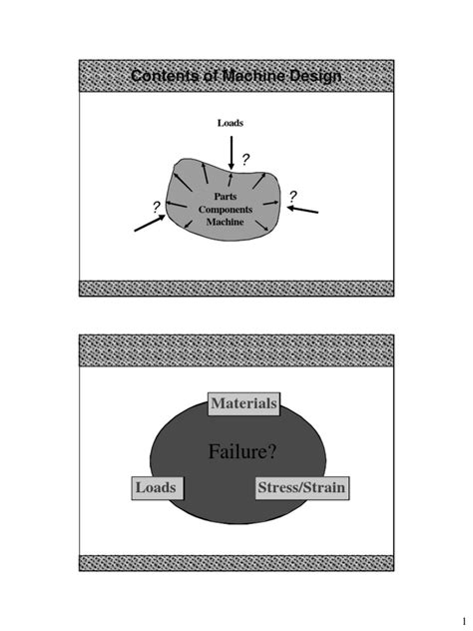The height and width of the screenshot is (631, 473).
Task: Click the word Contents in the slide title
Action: point(165,77)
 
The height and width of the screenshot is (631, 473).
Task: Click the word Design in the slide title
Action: point(310,77)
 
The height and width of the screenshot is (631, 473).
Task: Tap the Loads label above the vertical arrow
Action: point(231,123)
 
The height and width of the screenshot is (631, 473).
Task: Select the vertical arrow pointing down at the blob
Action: point(232,152)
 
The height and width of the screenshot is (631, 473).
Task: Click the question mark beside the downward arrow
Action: point(246,159)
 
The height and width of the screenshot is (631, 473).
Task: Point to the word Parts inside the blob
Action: point(225,197)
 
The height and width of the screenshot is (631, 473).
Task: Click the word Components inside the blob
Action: point(225,209)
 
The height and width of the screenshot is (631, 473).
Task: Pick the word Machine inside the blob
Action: point(225,222)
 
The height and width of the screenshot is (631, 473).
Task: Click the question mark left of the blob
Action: point(157,206)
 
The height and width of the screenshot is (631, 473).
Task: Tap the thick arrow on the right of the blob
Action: point(304,209)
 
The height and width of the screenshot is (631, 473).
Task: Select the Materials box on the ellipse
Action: point(244,403)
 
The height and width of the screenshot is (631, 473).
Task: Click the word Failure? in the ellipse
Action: point(242,452)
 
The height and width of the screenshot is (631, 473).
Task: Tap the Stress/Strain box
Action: point(301,488)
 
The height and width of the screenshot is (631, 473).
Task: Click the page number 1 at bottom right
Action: point(450,610)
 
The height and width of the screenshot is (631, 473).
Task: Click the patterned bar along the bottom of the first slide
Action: point(236,288)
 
